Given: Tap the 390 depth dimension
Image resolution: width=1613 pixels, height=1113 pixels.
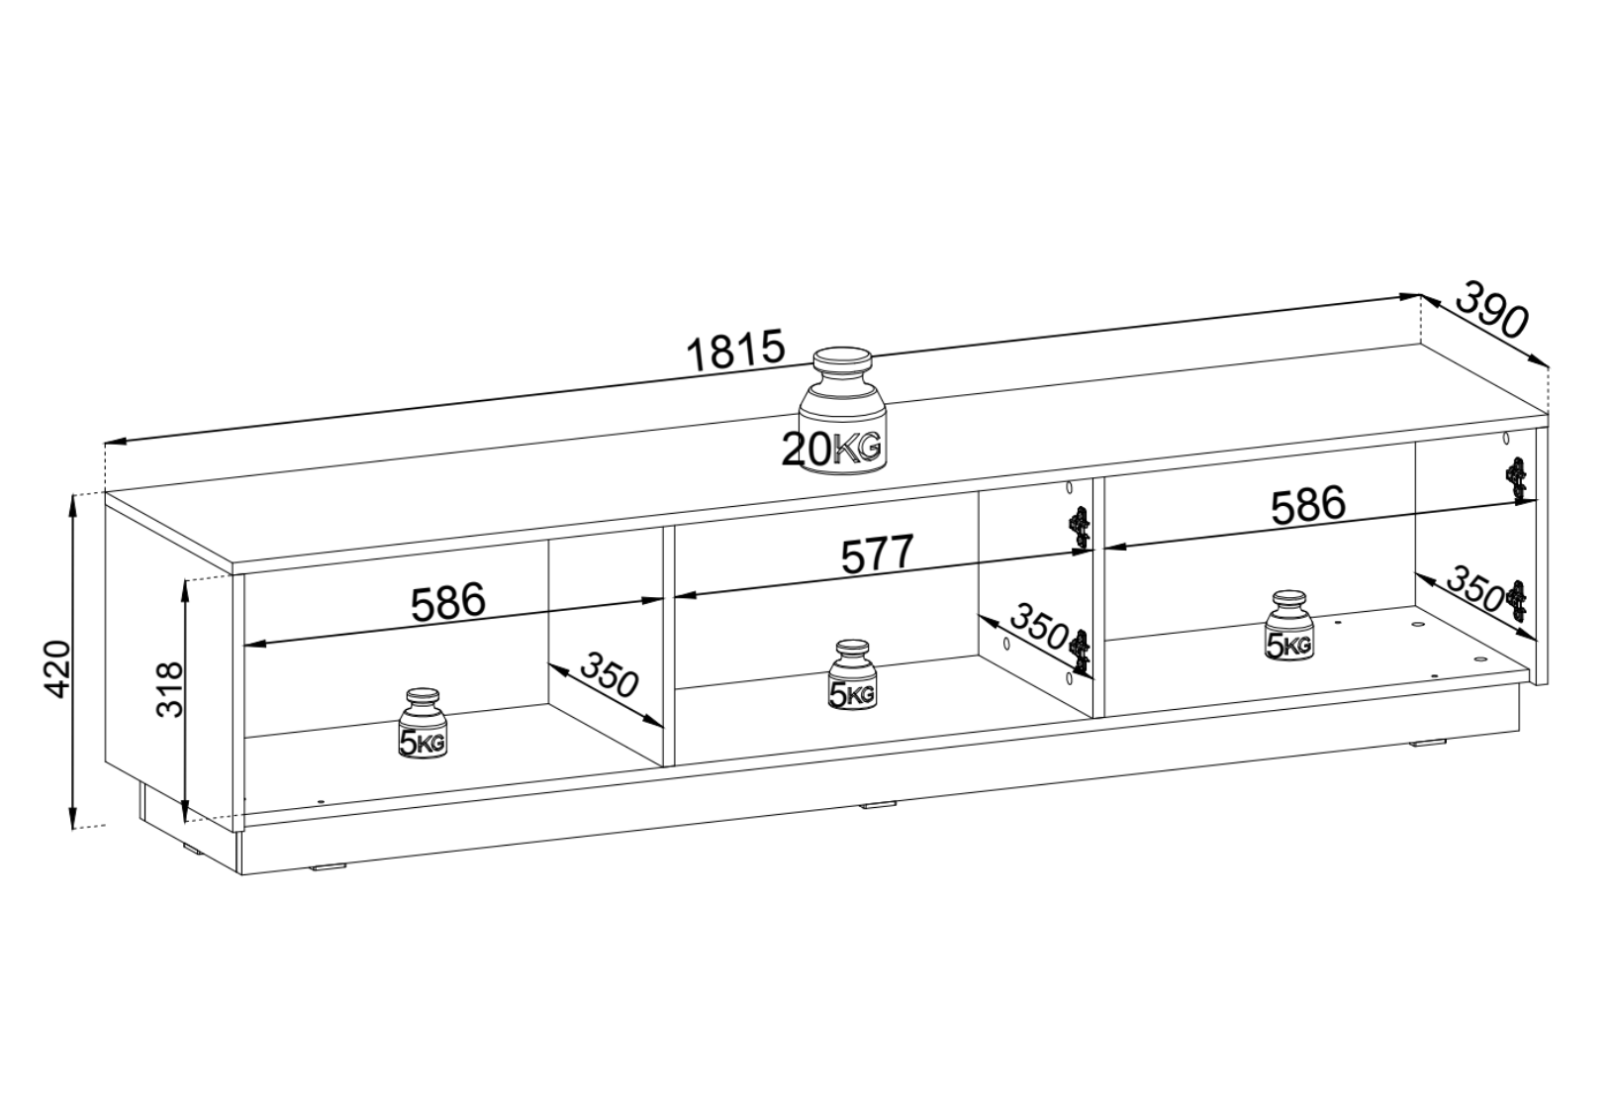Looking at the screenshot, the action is (1489, 311).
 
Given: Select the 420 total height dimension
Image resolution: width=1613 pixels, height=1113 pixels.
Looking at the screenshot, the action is (57, 668).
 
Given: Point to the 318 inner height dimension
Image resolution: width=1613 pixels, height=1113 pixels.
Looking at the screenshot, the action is (170, 689).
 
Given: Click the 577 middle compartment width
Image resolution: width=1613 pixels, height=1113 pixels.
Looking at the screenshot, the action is (877, 555).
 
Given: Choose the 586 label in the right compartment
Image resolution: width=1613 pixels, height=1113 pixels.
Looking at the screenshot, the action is (1307, 504).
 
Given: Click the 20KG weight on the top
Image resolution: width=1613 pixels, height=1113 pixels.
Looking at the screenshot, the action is (841, 411).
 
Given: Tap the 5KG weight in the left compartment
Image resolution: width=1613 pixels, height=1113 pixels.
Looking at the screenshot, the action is (423, 723).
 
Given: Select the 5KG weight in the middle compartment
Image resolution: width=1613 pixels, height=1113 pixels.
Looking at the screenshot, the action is (852, 674).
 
